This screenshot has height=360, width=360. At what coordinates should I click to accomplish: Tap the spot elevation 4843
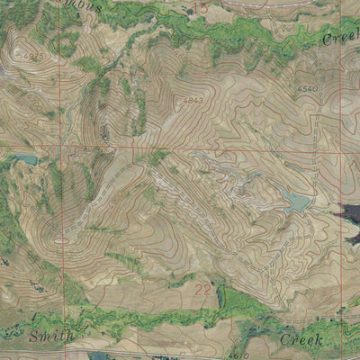click(193, 99)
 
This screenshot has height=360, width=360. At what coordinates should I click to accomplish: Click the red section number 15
click(200, 8)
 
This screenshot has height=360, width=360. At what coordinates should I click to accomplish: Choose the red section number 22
click(202, 289)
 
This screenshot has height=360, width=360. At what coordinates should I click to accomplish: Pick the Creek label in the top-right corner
click(340, 39)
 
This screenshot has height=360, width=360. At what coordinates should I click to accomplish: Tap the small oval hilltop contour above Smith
click(61, 239)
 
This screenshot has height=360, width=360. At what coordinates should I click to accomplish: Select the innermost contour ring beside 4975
click(18, 54)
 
